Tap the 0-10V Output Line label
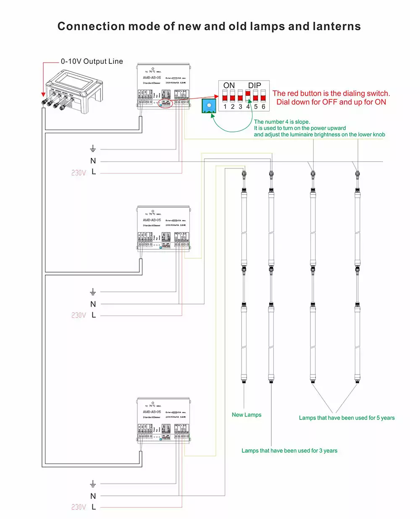click(x=92, y=61)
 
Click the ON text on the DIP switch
click(x=229, y=86)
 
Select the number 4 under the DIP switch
click(x=248, y=107)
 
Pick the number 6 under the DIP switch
click(x=263, y=107)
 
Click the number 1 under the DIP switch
click(x=225, y=107)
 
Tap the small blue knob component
click(x=208, y=106)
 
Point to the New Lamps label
click(x=247, y=415)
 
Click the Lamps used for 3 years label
click(x=289, y=451)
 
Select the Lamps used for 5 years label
click(x=346, y=418)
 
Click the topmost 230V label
click(x=79, y=173)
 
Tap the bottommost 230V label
click(x=79, y=507)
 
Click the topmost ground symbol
click(x=93, y=149)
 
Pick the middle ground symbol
click(x=93, y=291)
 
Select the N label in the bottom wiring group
click(x=93, y=496)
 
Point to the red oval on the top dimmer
click(x=165, y=103)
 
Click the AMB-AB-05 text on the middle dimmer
click(x=152, y=220)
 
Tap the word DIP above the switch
click(x=255, y=86)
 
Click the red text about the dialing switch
click(x=331, y=98)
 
